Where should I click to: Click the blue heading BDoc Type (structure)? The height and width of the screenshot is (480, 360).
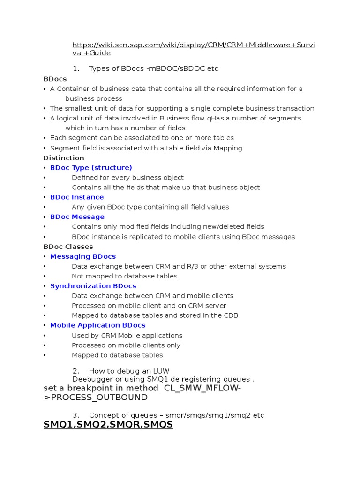91,168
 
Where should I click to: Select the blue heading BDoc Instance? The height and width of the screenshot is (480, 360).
77,197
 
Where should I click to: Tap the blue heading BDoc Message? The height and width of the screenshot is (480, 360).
77,217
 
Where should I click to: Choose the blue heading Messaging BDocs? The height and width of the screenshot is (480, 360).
83,256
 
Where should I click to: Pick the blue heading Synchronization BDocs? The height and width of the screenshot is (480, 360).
93,286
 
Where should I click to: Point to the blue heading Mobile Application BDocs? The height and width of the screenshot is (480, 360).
97,325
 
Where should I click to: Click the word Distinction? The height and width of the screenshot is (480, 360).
64,158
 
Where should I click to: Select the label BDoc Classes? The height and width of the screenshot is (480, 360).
68,247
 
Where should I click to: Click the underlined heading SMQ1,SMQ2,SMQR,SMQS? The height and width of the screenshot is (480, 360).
108,425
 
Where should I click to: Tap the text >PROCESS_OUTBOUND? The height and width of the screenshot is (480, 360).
96,397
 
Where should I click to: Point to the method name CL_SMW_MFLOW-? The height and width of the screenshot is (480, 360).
202,388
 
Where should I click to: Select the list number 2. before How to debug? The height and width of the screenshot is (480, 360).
75,371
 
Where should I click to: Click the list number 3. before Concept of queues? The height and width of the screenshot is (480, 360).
75,415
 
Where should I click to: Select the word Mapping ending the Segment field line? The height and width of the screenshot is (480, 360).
228,148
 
